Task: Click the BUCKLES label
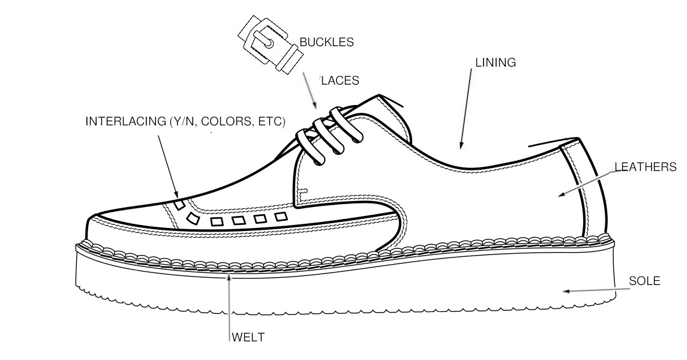326,42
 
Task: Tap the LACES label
340,80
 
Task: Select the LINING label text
496,62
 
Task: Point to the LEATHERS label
646,167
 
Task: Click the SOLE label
644,281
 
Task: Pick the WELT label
248,337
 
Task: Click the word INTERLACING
126,121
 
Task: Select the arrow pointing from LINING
466,109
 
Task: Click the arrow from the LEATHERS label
588,183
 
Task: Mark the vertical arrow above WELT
228,306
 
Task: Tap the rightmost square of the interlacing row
281,217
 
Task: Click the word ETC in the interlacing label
270,121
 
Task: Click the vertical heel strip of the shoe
582,188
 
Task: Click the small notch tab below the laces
303,191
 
